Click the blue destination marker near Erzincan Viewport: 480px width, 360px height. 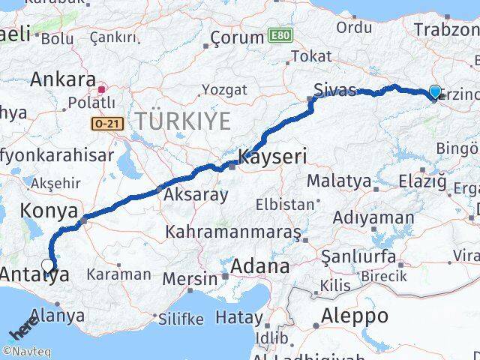(x=435, y=92)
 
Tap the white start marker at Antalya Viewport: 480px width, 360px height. (x=47, y=265)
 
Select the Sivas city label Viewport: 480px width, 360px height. (x=334, y=91)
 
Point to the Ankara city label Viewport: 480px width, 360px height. (x=63, y=79)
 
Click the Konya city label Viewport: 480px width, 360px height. (x=49, y=211)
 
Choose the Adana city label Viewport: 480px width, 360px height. (x=260, y=265)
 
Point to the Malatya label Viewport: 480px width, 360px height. (x=339, y=181)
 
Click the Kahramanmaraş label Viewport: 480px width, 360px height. (x=233, y=232)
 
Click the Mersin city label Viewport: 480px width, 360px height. (x=190, y=279)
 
